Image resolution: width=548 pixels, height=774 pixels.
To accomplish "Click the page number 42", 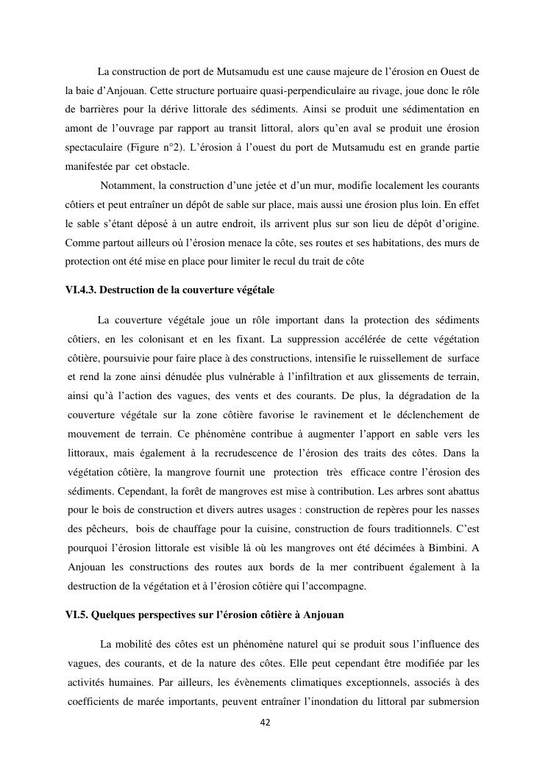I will pos(266,723).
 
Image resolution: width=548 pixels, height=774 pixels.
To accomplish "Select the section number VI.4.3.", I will pos(80,290).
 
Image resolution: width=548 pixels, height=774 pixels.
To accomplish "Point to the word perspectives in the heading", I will pos(168,614).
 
